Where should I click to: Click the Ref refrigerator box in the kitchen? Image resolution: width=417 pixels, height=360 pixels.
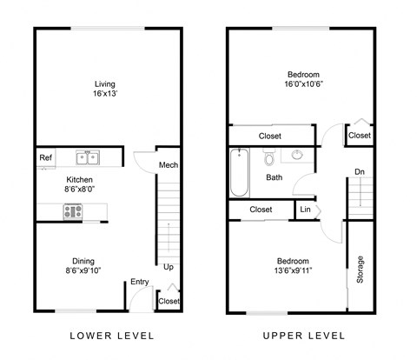pyautogui.click(x=46, y=157)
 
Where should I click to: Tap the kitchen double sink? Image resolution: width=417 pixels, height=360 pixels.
pyautogui.click(x=87, y=157)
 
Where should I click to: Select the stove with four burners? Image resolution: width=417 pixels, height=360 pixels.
pyautogui.click(x=73, y=211)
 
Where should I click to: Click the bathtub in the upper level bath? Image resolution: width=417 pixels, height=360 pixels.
pyautogui.click(x=240, y=174)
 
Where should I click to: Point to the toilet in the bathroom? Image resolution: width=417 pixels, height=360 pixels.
pyautogui.click(x=269, y=157)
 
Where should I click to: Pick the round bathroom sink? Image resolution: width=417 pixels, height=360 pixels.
pyautogui.click(x=297, y=157)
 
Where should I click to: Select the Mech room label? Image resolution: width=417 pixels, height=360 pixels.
pyautogui.click(x=168, y=165)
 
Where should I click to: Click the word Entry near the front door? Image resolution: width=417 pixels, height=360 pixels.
pyautogui.click(x=139, y=282)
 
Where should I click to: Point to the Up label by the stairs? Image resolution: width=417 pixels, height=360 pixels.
pyautogui.click(x=168, y=267)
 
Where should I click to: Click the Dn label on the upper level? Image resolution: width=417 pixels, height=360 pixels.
pyautogui.click(x=359, y=172)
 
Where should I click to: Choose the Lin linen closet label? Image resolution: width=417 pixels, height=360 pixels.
pyautogui.click(x=305, y=210)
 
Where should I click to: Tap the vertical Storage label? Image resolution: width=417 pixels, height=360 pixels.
pyautogui.click(x=359, y=270)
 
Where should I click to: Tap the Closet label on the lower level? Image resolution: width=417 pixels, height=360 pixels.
pyautogui.click(x=169, y=301)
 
